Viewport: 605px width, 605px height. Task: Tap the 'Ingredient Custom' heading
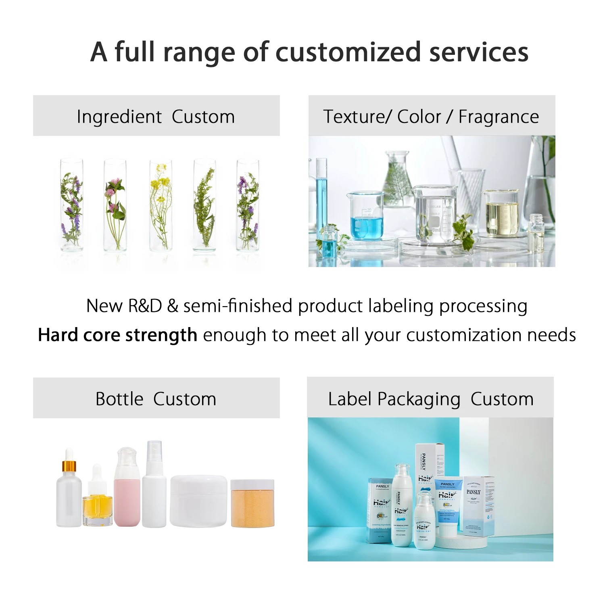click(156, 117)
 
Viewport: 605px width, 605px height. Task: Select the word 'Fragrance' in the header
click(499, 117)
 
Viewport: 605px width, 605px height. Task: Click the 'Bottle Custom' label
click(156, 399)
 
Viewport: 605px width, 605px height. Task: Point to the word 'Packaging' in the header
click(419, 399)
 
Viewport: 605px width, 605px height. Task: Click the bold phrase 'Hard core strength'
click(117, 335)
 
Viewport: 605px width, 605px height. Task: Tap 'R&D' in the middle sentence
click(145, 306)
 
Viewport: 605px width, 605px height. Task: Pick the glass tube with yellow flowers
click(161, 206)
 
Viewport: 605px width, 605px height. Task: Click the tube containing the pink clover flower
click(115, 206)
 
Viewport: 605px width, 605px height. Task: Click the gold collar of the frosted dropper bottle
click(69, 467)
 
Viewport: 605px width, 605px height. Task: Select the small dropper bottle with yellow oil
click(97, 504)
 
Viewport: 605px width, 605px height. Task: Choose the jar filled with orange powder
click(252, 504)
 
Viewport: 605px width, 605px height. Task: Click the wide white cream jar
click(198, 501)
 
